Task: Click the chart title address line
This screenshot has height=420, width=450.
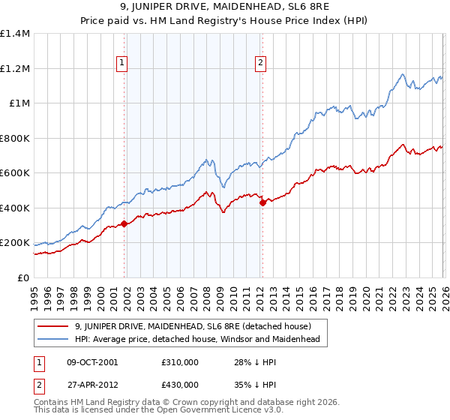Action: pos(225,8)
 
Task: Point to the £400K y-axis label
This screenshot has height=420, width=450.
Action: pos(15,208)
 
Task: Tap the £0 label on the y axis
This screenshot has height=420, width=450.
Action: pos(22,277)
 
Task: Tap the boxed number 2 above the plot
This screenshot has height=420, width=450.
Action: pos(261,64)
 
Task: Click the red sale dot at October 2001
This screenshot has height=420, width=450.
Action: pos(124,223)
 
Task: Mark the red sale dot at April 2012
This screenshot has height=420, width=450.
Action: pos(262,202)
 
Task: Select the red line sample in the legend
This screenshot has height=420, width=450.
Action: pos(54,326)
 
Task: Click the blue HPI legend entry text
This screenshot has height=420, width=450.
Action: pos(197,340)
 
